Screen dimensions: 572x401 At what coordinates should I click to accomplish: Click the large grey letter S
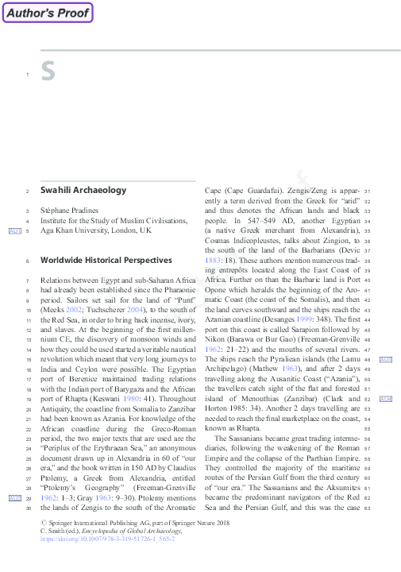[x=48, y=72]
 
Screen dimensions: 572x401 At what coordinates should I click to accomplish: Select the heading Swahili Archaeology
[x=83, y=191]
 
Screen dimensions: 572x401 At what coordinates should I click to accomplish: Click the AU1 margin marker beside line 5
[x=14, y=230]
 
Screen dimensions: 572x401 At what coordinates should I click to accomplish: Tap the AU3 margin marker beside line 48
[x=386, y=360]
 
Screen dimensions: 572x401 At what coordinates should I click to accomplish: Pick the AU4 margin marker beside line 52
[x=386, y=398]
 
